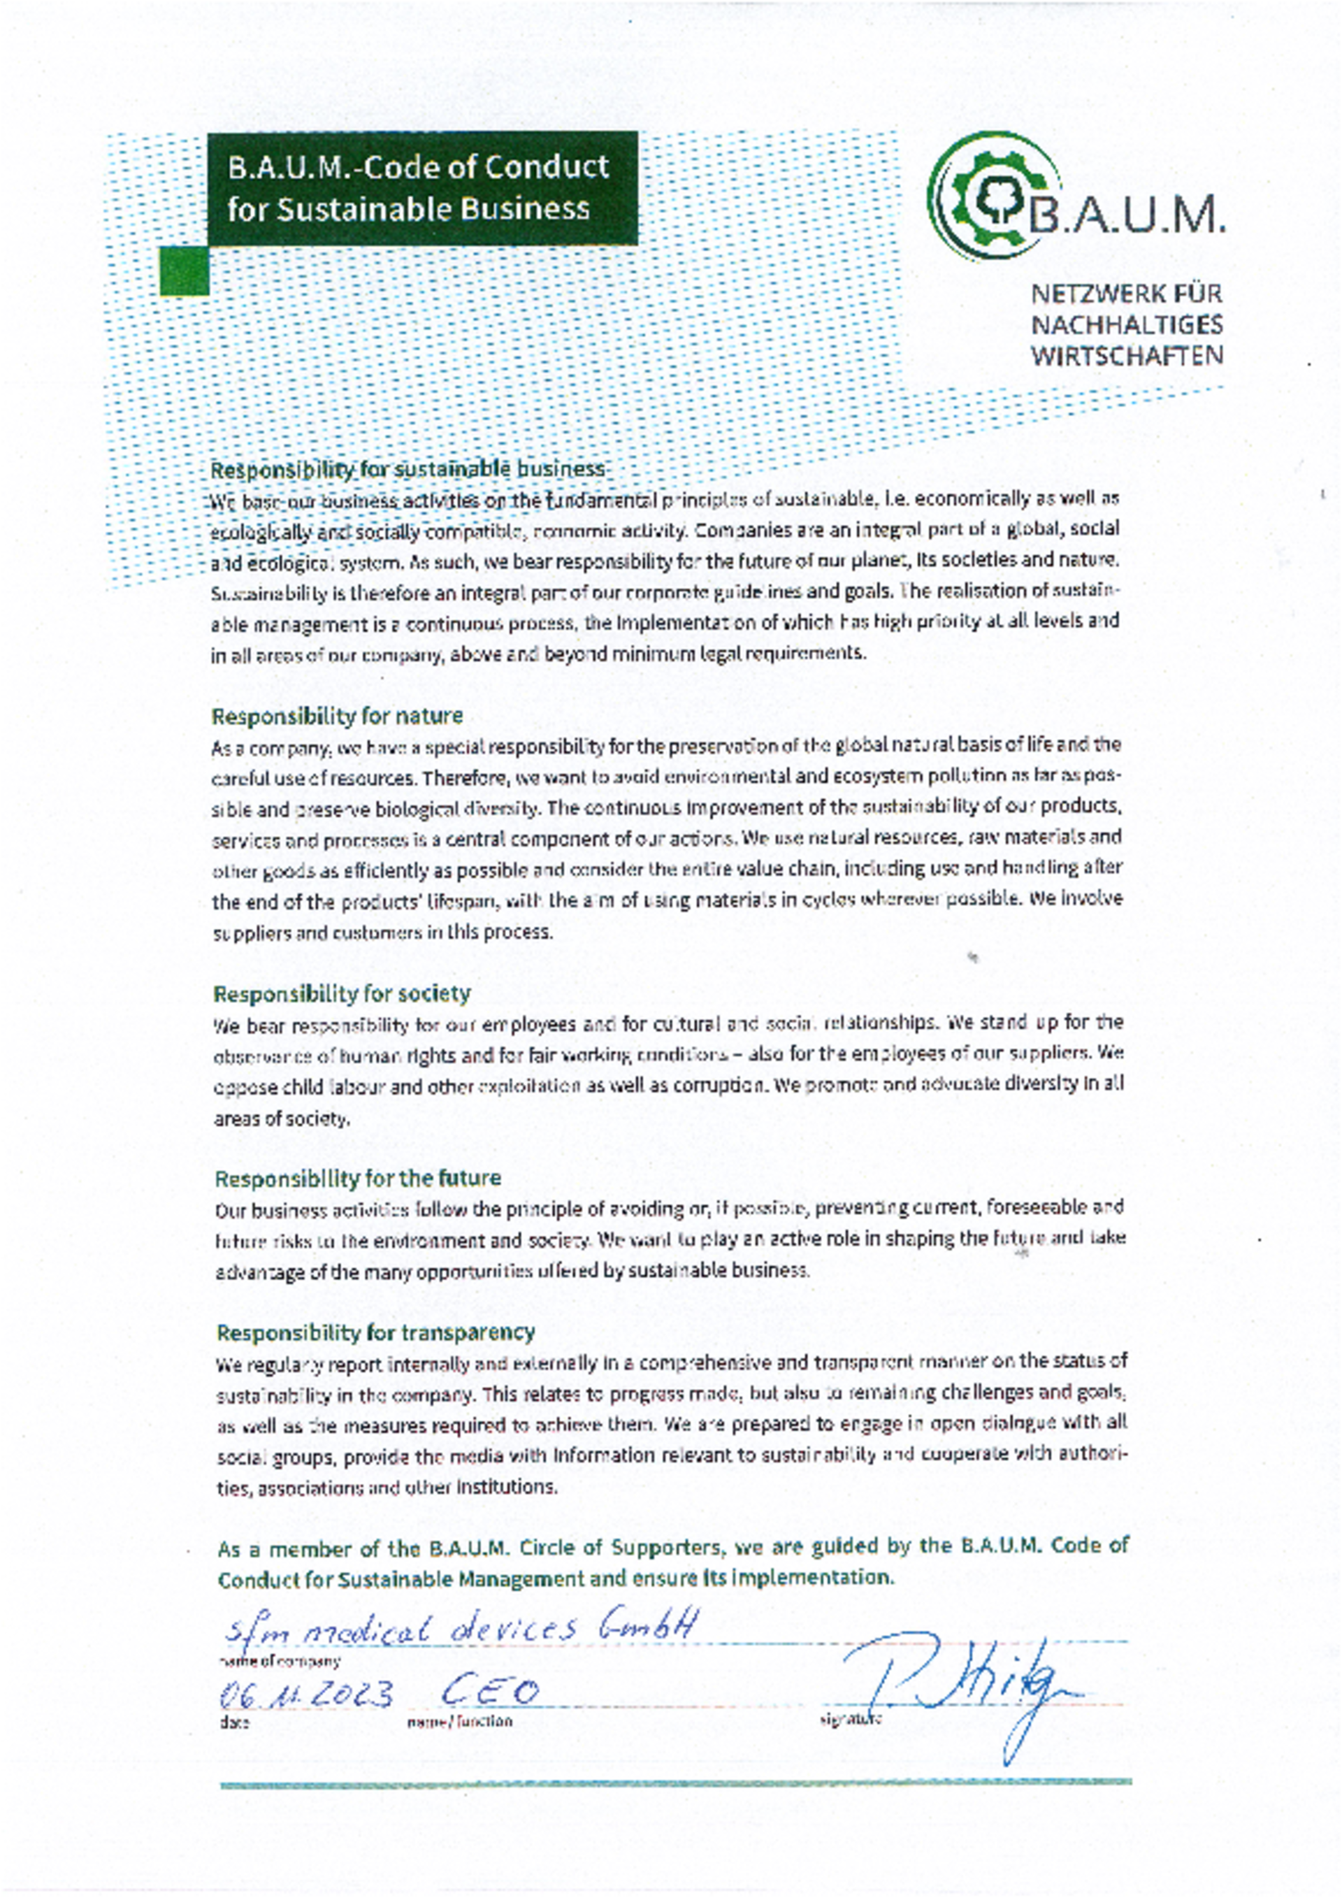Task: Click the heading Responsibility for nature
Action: pyautogui.click(x=337, y=715)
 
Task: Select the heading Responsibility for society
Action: pyautogui.click(x=342, y=993)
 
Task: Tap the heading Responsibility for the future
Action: pyautogui.click(x=357, y=1178)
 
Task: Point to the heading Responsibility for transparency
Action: pyautogui.click(x=375, y=1332)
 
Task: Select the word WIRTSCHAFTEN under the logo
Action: pyautogui.click(x=1126, y=357)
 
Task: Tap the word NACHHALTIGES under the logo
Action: pyautogui.click(x=1126, y=325)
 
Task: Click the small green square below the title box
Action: pyautogui.click(x=184, y=271)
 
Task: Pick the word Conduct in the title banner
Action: pyautogui.click(x=546, y=167)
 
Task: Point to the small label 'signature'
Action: pyautogui.click(x=850, y=1720)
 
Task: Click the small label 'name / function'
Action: pyautogui.click(x=459, y=1722)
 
